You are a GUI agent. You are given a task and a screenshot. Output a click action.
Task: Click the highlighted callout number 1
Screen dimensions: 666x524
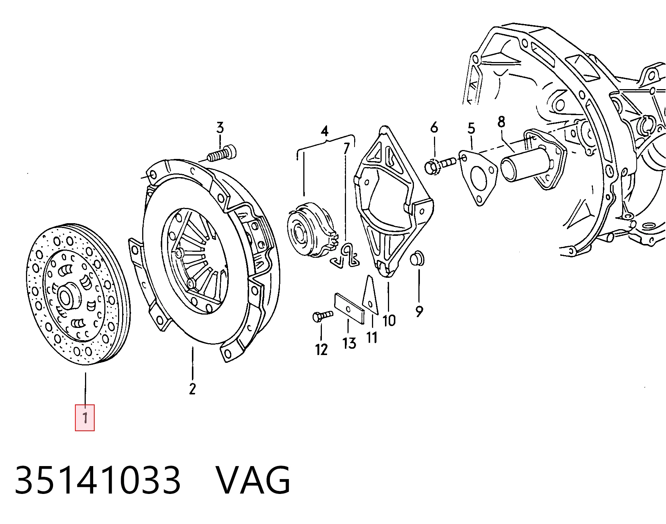pos(85,418)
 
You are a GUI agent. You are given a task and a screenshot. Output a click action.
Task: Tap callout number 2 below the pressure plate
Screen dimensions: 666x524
pos(192,388)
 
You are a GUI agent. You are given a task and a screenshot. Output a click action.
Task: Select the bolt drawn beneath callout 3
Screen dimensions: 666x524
pos(222,153)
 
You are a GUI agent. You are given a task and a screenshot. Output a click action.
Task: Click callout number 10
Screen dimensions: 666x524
pos(389,320)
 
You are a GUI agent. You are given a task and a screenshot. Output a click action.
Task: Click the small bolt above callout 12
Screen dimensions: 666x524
pos(322,316)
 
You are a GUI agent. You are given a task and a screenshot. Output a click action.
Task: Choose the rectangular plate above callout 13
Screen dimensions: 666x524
pos(349,308)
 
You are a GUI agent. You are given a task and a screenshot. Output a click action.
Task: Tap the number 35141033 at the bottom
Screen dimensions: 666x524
pos(98,480)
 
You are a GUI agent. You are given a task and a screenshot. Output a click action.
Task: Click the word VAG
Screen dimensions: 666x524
pos(253,480)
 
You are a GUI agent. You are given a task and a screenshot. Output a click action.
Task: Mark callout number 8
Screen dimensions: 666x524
pos(501,122)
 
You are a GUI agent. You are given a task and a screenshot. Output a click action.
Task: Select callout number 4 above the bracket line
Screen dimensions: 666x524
pos(324,131)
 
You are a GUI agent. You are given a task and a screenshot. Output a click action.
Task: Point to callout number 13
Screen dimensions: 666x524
pos(349,343)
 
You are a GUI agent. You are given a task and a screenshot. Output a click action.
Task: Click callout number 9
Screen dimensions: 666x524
pos(419,312)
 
